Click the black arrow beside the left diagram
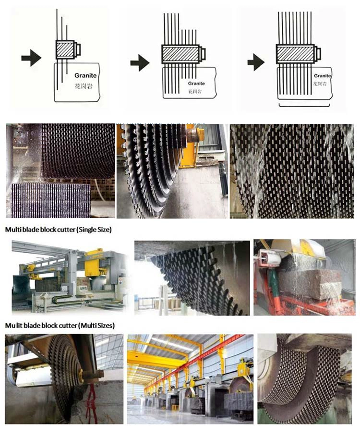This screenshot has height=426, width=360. (x=31, y=59)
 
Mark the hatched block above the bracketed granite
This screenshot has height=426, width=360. (x=294, y=52)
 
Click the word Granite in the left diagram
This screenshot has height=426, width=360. (x=85, y=75)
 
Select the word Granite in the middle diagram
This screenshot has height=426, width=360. (x=196, y=83)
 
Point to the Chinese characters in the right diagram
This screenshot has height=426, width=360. (x=320, y=84)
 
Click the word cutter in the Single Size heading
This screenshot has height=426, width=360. (x=56, y=230)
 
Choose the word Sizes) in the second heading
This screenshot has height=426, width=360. (x=104, y=325)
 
